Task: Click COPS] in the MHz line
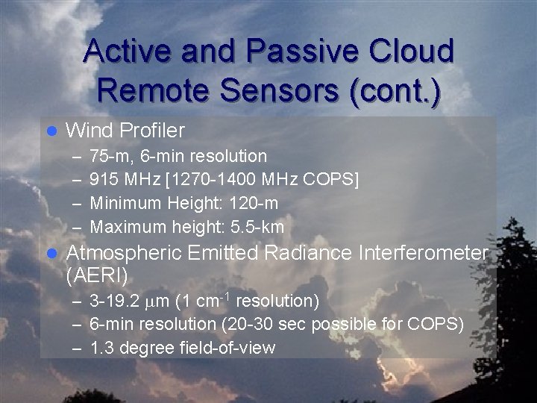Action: [x=333, y=180]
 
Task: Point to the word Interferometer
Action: [x=424, y=253]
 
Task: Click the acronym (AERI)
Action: [x=97, y=275]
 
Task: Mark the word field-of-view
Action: [x=228, y=348]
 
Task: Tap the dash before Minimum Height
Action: [x=78, y=203]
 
